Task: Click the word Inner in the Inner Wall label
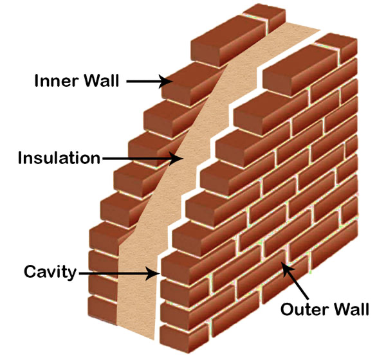pos(54,82)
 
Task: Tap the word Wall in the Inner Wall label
pos(100,82)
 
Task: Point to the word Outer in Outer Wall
pos(302,309)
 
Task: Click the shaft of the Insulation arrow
pos(138,157)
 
